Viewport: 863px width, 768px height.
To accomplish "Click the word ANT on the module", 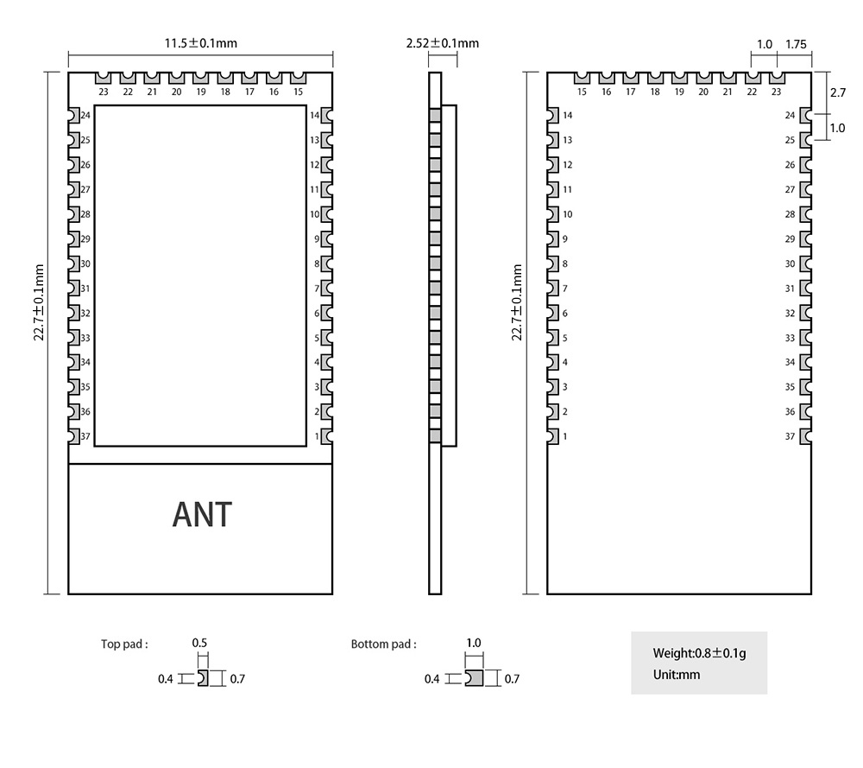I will [202, 514].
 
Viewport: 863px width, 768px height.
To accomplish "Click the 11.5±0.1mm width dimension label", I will [201, 43].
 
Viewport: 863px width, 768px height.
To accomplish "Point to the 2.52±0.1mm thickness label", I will [442, 43].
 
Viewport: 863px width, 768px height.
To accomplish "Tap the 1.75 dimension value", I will [796, 44].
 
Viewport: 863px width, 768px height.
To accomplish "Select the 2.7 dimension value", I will [837, 92].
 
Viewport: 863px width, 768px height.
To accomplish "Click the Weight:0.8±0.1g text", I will [699, 653].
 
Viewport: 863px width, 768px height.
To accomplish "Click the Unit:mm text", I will [677, 675].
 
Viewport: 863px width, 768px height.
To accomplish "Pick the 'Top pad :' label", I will [124, 644].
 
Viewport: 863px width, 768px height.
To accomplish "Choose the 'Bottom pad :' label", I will [383, 644].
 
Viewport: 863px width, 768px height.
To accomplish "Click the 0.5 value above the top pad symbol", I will [199, 644].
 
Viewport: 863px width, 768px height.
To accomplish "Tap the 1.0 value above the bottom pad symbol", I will [473, 644].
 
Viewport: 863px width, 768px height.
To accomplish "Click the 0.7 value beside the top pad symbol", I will [237, 679].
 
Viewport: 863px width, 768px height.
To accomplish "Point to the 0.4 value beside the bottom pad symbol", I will [431, 679].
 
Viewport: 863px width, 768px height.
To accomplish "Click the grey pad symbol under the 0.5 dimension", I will [203, 678].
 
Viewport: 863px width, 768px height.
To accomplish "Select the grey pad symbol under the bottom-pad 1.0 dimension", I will [474, 678].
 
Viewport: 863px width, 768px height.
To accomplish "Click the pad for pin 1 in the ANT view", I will [327, 436].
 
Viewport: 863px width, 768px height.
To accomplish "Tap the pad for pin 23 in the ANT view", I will [104, 79].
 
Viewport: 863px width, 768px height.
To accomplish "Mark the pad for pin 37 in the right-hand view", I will [806, 436].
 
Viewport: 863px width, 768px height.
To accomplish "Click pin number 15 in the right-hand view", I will [582, 92].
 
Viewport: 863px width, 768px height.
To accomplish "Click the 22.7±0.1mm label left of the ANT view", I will [39, 302].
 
